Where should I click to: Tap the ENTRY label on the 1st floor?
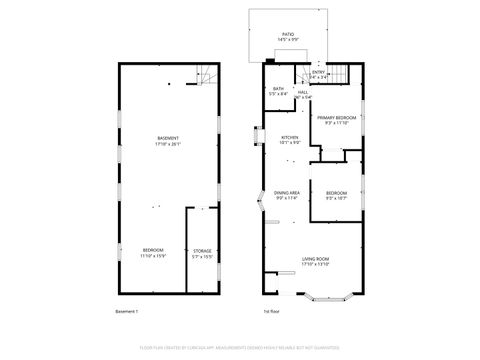point(319,71)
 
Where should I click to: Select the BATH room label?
point(278,88)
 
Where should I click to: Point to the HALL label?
point(302,92)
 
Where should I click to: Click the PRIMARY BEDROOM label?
point(336,118)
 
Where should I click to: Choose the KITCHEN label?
point(290,137)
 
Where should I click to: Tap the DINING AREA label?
point(288,193)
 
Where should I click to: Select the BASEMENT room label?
point(168,137)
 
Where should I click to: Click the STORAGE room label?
point(202,250)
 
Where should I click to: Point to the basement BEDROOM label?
point(153,250)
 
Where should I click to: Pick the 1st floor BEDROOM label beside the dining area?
point(336,193)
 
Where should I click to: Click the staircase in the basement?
point(207,74)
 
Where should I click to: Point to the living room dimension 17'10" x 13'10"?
point(316,265)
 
